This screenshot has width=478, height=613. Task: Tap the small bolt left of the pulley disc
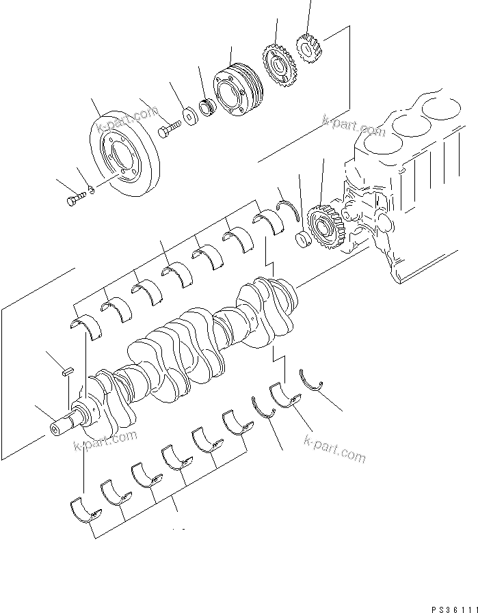[75, 200]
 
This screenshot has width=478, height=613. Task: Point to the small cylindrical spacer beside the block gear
[302, 239]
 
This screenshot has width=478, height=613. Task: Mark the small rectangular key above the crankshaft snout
[66, 372]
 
